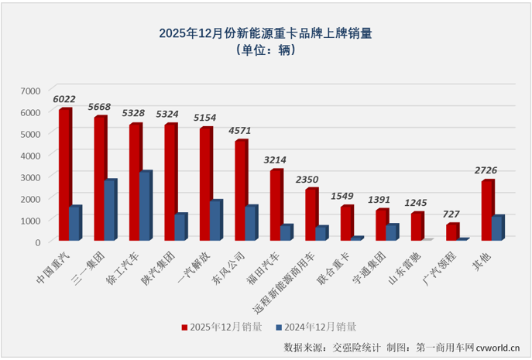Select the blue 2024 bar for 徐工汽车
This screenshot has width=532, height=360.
point(145,206)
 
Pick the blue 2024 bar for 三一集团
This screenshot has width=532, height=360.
point(110,210)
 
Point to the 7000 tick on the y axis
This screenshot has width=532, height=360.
point(29,91)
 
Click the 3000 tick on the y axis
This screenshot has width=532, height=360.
point(29,177)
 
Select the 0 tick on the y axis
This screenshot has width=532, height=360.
point(36,242)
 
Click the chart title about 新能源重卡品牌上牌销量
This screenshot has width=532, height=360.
point(266,33)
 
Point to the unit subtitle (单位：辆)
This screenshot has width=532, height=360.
point(266,50)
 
